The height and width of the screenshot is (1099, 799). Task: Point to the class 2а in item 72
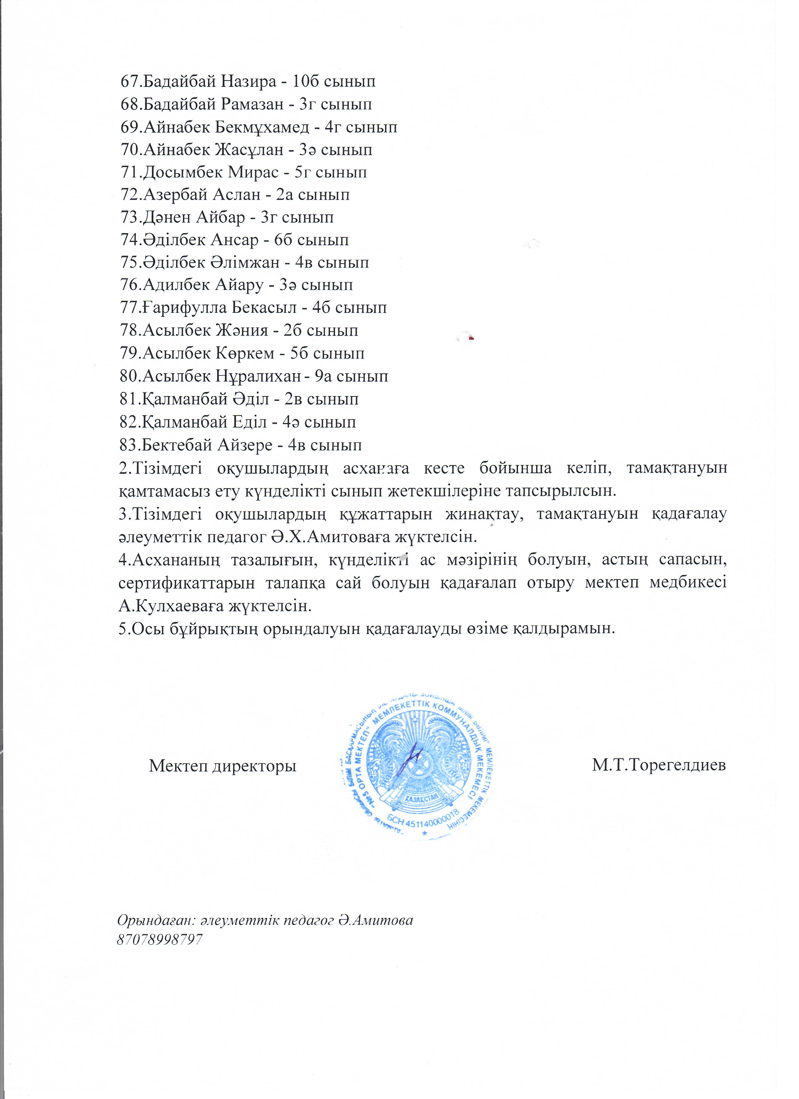(285, 195)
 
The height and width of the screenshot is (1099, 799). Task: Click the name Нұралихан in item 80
(256, 376)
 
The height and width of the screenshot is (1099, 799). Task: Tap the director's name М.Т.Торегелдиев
(659, 766)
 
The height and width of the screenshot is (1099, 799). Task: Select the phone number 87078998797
(159, 939)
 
